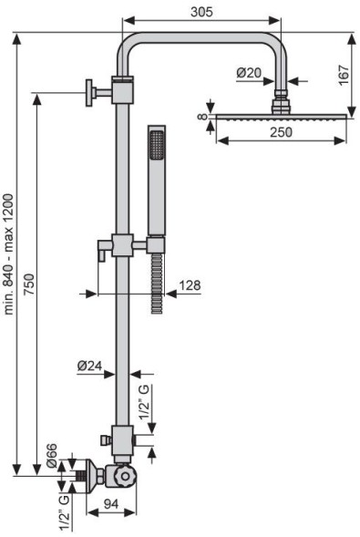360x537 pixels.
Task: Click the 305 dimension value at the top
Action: [201, 12]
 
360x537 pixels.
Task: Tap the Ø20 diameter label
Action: [249, 73]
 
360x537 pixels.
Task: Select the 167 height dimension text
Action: [344, 75]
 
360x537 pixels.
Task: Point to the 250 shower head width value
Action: [281, 132]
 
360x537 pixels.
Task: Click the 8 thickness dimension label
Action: [203, 117]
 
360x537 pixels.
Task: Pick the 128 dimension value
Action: [190, 285]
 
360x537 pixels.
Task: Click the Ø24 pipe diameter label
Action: [89, 366]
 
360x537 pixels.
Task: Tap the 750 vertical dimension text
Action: [29, 284]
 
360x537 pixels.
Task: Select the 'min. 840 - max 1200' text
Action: [8, 254]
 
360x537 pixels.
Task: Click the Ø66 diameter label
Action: [52, 456]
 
